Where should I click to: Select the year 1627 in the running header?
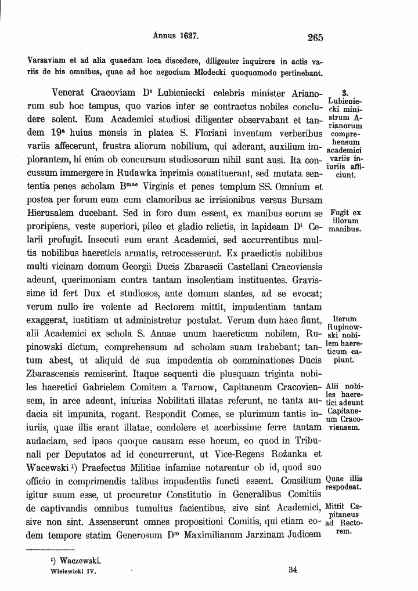(x=187, y=35)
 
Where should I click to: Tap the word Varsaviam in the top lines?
(x=49, y=61)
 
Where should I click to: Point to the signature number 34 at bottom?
(x=293, y=570)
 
